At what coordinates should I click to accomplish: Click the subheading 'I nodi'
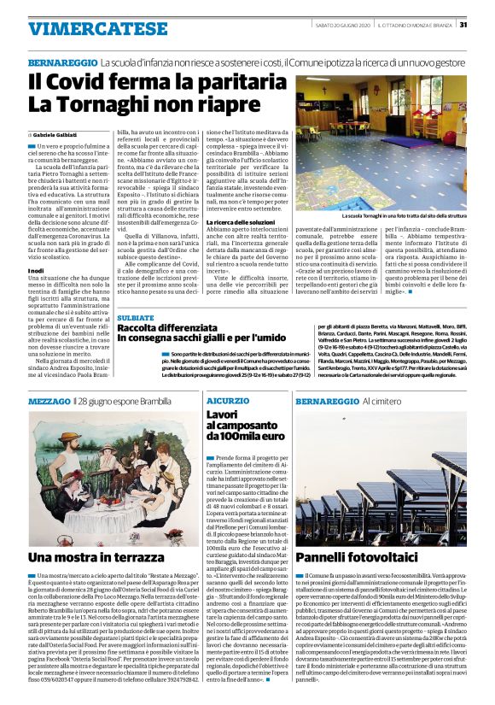point(35,246)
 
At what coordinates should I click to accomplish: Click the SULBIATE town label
point(136,317)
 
